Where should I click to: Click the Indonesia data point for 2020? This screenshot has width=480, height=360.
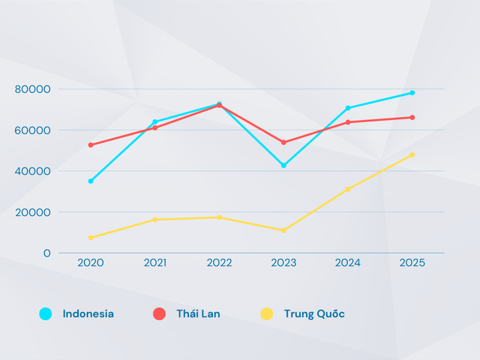pyautogui.click(x=91, y=181)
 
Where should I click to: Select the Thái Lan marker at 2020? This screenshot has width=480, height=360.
pyautogui.click(x=91, y=145)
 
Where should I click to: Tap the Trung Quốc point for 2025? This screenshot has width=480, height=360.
pyautogui.click(x=412, y=155)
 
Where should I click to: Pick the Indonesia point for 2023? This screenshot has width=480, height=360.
pyautogui.click(x=283, y=165)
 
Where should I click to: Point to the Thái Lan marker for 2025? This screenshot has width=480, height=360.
pyautogui.click(x=412, y=117)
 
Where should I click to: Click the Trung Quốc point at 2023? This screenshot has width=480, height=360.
pyautogui.click(x=283, y=230)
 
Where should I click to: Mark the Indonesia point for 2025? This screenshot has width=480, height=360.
pyautogui.click(x=412, y=93)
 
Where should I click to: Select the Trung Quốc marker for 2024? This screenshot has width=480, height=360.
pyautogui.click(x=348, y=189)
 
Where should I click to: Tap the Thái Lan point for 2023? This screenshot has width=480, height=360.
pyautogui.click(x=283, y=142)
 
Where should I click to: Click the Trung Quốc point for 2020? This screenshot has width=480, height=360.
pyautogui.click(x=91, y=238)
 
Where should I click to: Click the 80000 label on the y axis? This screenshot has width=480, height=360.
pyautogui.click(x=32, y=89)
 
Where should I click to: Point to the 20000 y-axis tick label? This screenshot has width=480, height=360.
pyautogui.click(x=32, y=212)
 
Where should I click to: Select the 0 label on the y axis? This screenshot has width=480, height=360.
pyautogui.click(x=46, y=253)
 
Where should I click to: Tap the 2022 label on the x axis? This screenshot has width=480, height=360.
pyautogui.click(x=219, y=262)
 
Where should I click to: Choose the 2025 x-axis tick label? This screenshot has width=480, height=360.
pyautogui.click(x=412, y=262)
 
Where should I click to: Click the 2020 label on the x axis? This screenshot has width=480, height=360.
pyautogui.click(x=91, y=262)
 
